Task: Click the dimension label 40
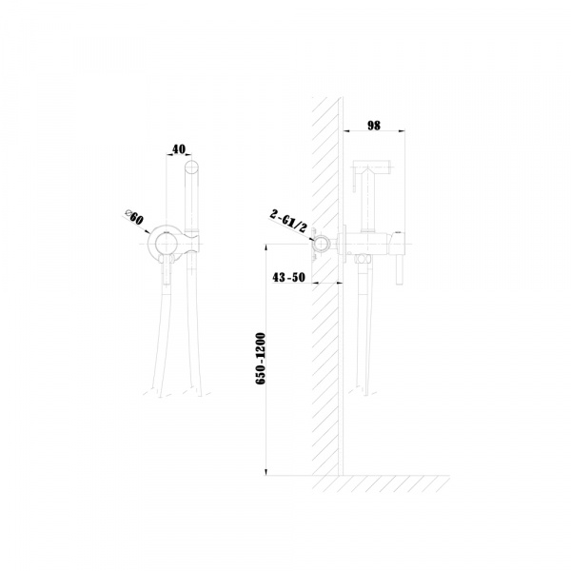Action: tap(179, 149)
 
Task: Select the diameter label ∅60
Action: tap(134, 217)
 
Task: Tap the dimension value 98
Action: tap(374, 126)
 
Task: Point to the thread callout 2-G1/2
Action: tap(288, 222)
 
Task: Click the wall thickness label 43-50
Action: tap(288, 278)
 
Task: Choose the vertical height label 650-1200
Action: tap(261, 358)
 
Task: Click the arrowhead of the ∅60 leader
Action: tap(148, 231)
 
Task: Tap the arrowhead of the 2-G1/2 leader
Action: tap(312, 239)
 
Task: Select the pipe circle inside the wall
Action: tap(322, 244)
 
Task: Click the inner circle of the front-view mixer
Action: tap(166, 244)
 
